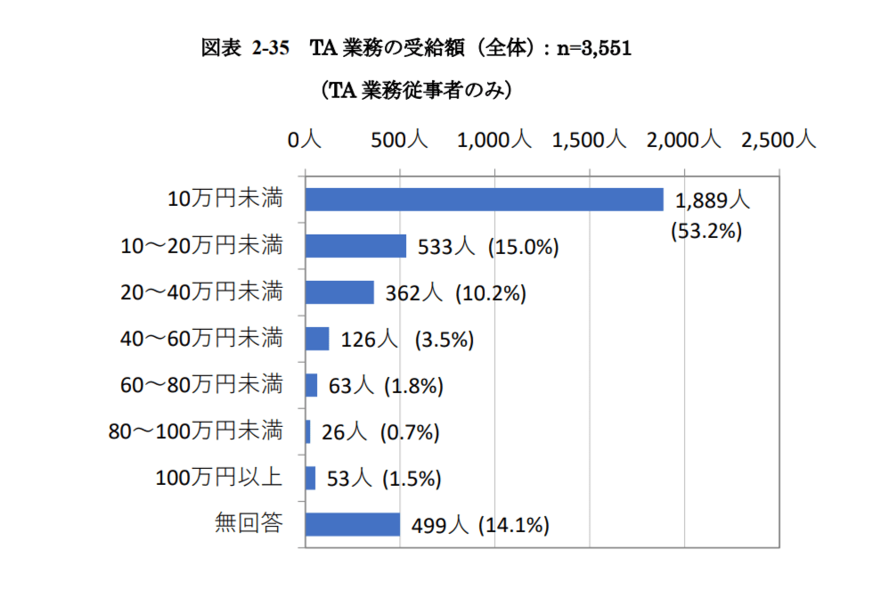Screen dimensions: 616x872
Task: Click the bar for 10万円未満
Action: click(484, 200)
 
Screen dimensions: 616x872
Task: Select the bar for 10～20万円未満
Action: click(355, 246)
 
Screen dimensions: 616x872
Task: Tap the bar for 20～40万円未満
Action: click(339, 292)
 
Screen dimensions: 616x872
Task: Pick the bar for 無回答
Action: click(353, 524)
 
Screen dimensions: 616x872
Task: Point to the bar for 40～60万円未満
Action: click(317, 339)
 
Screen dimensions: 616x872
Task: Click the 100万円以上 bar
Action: click(310, 478)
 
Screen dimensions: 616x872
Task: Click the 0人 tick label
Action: click(305, 139)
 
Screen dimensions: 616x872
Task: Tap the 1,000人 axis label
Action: click(494, 139)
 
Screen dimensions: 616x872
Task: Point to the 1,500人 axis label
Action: click(590, 139)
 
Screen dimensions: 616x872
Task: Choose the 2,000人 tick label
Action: click(684, 139)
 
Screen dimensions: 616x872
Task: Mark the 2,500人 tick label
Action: click(778, 139)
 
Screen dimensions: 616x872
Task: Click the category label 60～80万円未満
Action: click(201, 385)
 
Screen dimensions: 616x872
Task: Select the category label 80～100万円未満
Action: click(195, 431)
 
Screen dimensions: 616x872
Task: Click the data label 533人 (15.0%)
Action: click(488, 247)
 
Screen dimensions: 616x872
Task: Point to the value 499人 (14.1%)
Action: click(480, 525)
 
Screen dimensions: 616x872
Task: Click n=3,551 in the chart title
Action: click(594, 49)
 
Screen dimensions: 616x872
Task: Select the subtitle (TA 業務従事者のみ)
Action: click(416, 90)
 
